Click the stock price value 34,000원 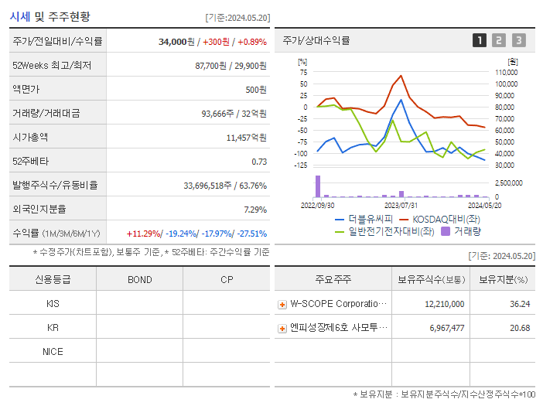pyautogui.click(x=176, y=42)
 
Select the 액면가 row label pyautogui.click(x=27, y=90)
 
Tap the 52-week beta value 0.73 pyautogui.click(x=259, y=162)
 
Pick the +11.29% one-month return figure pyautogui.click(x=143, y=234)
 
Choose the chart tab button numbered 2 pyautogui.click(x=499, y=40)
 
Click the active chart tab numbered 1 pyautogui.click(x=480, y=40)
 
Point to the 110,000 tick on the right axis pyautogui.click(x=507, y=72)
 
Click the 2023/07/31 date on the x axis pyautogui.click(x=401, y=205)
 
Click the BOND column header pyautogui.click(x=139, y=279)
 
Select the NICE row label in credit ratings pyautogui.click(x=53, y=351)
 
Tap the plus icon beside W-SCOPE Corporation pyautogui.click(x=282, y=304)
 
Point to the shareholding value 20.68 pyautogui.click(x=520, y=328)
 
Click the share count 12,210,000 pyautogui.click(x=445, y=304)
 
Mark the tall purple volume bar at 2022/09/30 pyautogui.click(x=318, y=186)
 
